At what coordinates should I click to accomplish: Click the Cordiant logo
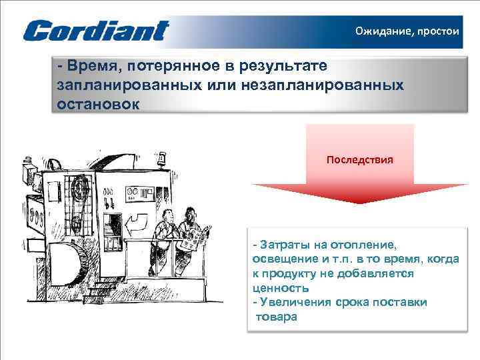pos(96,31)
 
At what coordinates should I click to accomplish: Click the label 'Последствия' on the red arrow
pos(359,161)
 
